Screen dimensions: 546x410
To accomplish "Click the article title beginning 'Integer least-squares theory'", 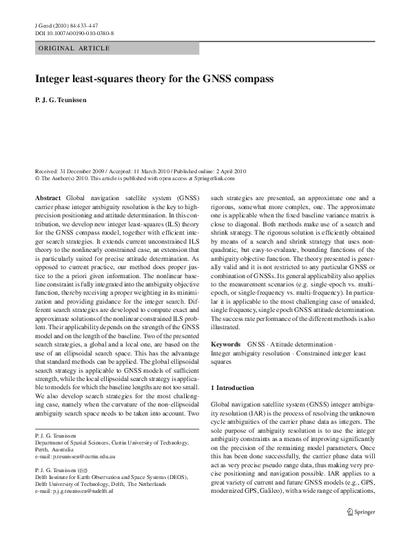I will pyautogui.click(x=155, y=79).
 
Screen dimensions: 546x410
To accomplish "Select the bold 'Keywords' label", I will pyautogui.click(x=225, y=343).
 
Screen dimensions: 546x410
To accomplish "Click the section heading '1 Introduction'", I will pyautogui.click(x=233, y=388).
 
